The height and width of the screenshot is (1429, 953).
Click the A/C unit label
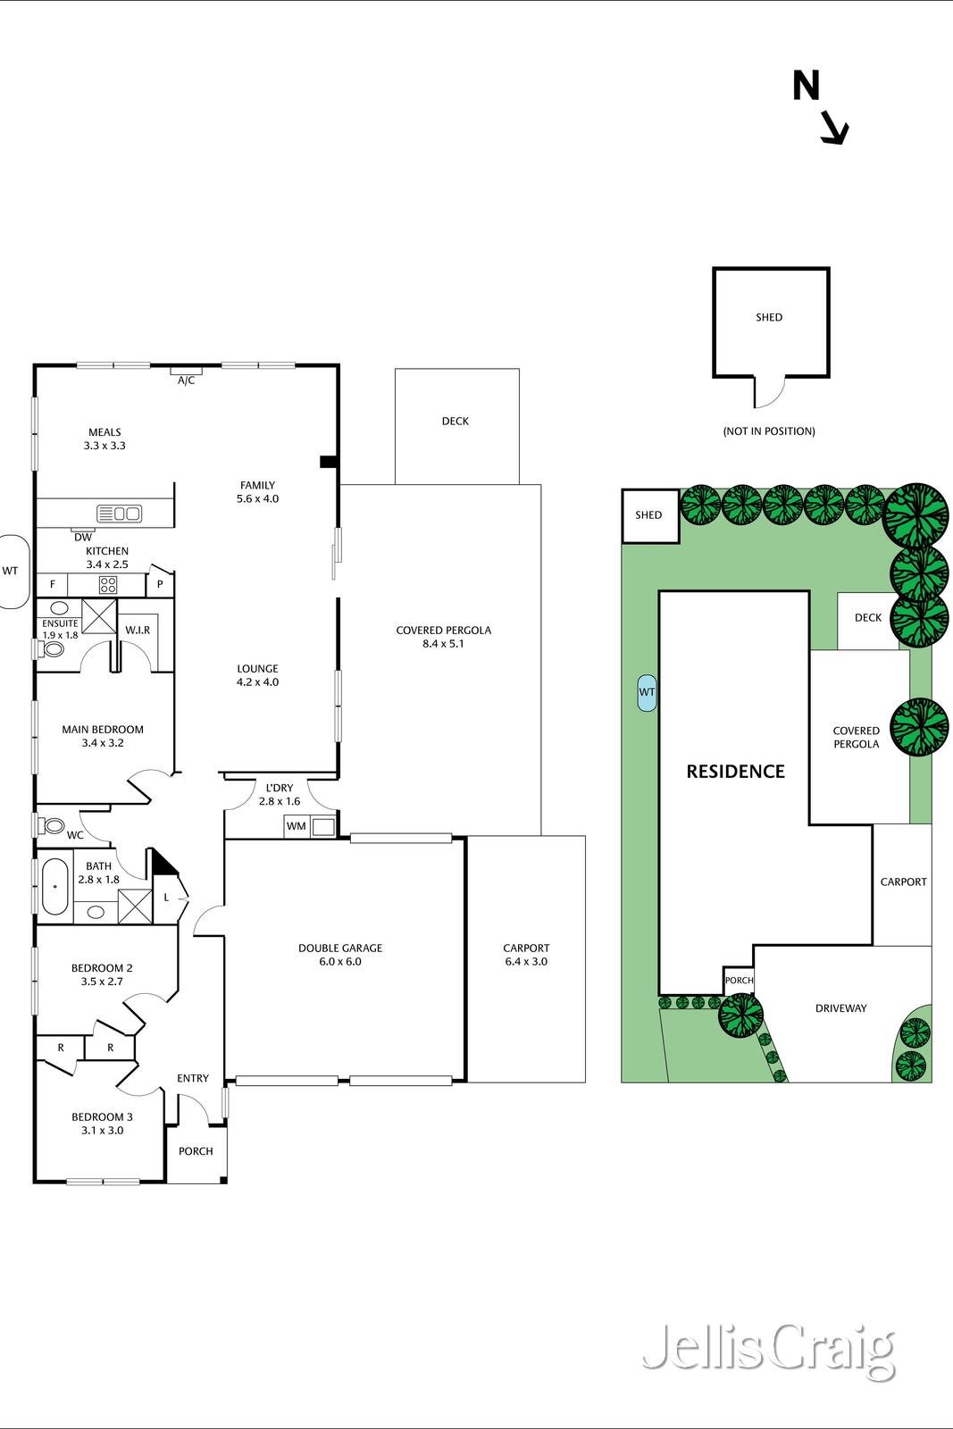click(x=187, y=380)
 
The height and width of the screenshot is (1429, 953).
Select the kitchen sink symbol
click(x=120, y=513)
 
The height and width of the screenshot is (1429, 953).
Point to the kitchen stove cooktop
click(x=108, y=584)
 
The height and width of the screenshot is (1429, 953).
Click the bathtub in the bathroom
click(x=54, y=887)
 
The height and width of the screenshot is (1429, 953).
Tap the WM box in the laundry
click(x=297, y=826)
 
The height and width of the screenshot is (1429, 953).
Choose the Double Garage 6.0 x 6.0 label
click(x=340, y=955)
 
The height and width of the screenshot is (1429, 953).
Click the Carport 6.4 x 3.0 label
click(x=526, y=955)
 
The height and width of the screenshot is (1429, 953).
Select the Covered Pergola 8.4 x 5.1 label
click(x=443, y=637)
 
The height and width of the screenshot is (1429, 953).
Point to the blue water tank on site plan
click(x=647, y=693)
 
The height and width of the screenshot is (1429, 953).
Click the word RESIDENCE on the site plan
click(x=735, y=772)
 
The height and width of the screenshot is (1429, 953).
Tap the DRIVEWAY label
click(x=840, y=1008)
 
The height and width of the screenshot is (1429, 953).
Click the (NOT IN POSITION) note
click(x=769, y=431)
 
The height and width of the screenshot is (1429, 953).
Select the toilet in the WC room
click(x=52, y=826)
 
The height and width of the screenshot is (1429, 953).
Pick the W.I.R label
click(x=138, y=631)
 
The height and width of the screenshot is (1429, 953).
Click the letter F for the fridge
click(x=53, y=584)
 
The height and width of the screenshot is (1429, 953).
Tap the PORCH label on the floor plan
click(x=196, y=1151)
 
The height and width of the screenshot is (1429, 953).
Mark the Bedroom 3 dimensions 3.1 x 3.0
click(x=102, y=1131)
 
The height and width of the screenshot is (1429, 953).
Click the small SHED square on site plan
click(x=650, y=515)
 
